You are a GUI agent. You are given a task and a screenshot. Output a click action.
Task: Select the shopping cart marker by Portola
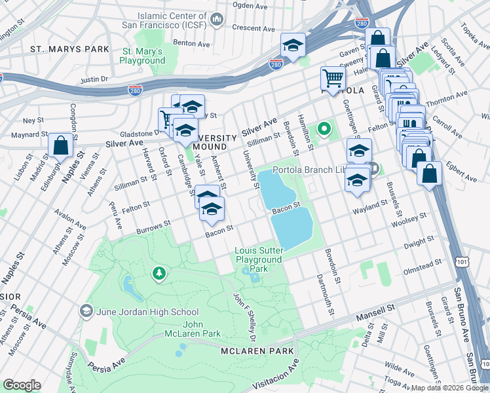[333, 80]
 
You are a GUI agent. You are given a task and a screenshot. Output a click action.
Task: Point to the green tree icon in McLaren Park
[158, 272]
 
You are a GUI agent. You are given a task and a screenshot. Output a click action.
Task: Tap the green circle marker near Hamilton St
[323, 129]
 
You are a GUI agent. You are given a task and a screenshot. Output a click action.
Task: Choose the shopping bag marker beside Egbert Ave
[429, 175]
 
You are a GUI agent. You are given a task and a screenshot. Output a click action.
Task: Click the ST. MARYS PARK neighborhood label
[69, 49]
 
